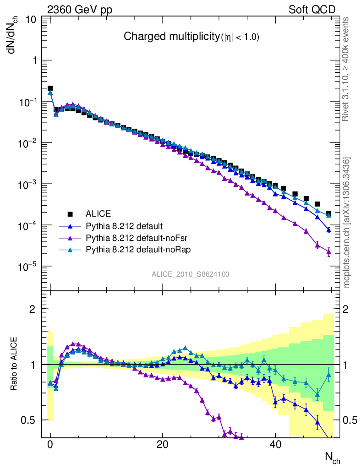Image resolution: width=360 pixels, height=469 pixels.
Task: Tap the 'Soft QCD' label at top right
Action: [312, 10]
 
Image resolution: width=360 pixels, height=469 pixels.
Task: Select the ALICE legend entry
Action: [98, 213]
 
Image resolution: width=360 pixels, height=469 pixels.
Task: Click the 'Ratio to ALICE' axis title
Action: [15, 365]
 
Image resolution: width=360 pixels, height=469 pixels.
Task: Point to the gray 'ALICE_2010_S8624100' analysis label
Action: [191, 274]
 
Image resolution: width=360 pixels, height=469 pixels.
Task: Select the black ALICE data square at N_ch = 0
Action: [50, 88]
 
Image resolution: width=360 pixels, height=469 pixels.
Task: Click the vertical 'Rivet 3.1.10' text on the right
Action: [346, 69]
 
